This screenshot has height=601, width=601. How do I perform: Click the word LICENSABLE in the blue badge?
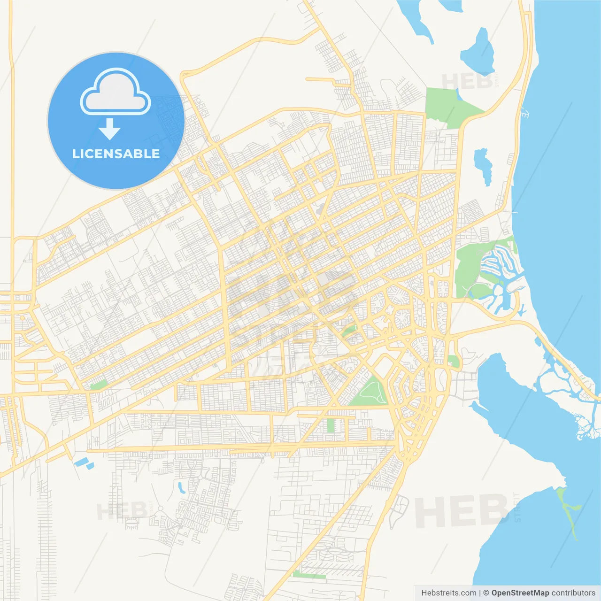tap(116, 154)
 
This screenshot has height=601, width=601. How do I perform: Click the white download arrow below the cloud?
tap(110, 129)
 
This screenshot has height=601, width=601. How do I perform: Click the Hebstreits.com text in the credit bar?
tap(448, 593)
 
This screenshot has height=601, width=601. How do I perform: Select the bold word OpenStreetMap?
tap(520, 593)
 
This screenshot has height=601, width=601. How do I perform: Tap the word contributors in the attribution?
tap(573, 593)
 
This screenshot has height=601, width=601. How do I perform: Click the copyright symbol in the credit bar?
tap(486, 593)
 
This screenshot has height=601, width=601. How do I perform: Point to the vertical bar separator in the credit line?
tap(480, 593)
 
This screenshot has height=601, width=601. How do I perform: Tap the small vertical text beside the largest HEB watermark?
tap(517, 507)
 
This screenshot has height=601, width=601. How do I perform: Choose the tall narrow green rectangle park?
tap(331, 425)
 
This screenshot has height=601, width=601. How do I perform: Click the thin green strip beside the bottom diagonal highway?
tap(308, 575)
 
